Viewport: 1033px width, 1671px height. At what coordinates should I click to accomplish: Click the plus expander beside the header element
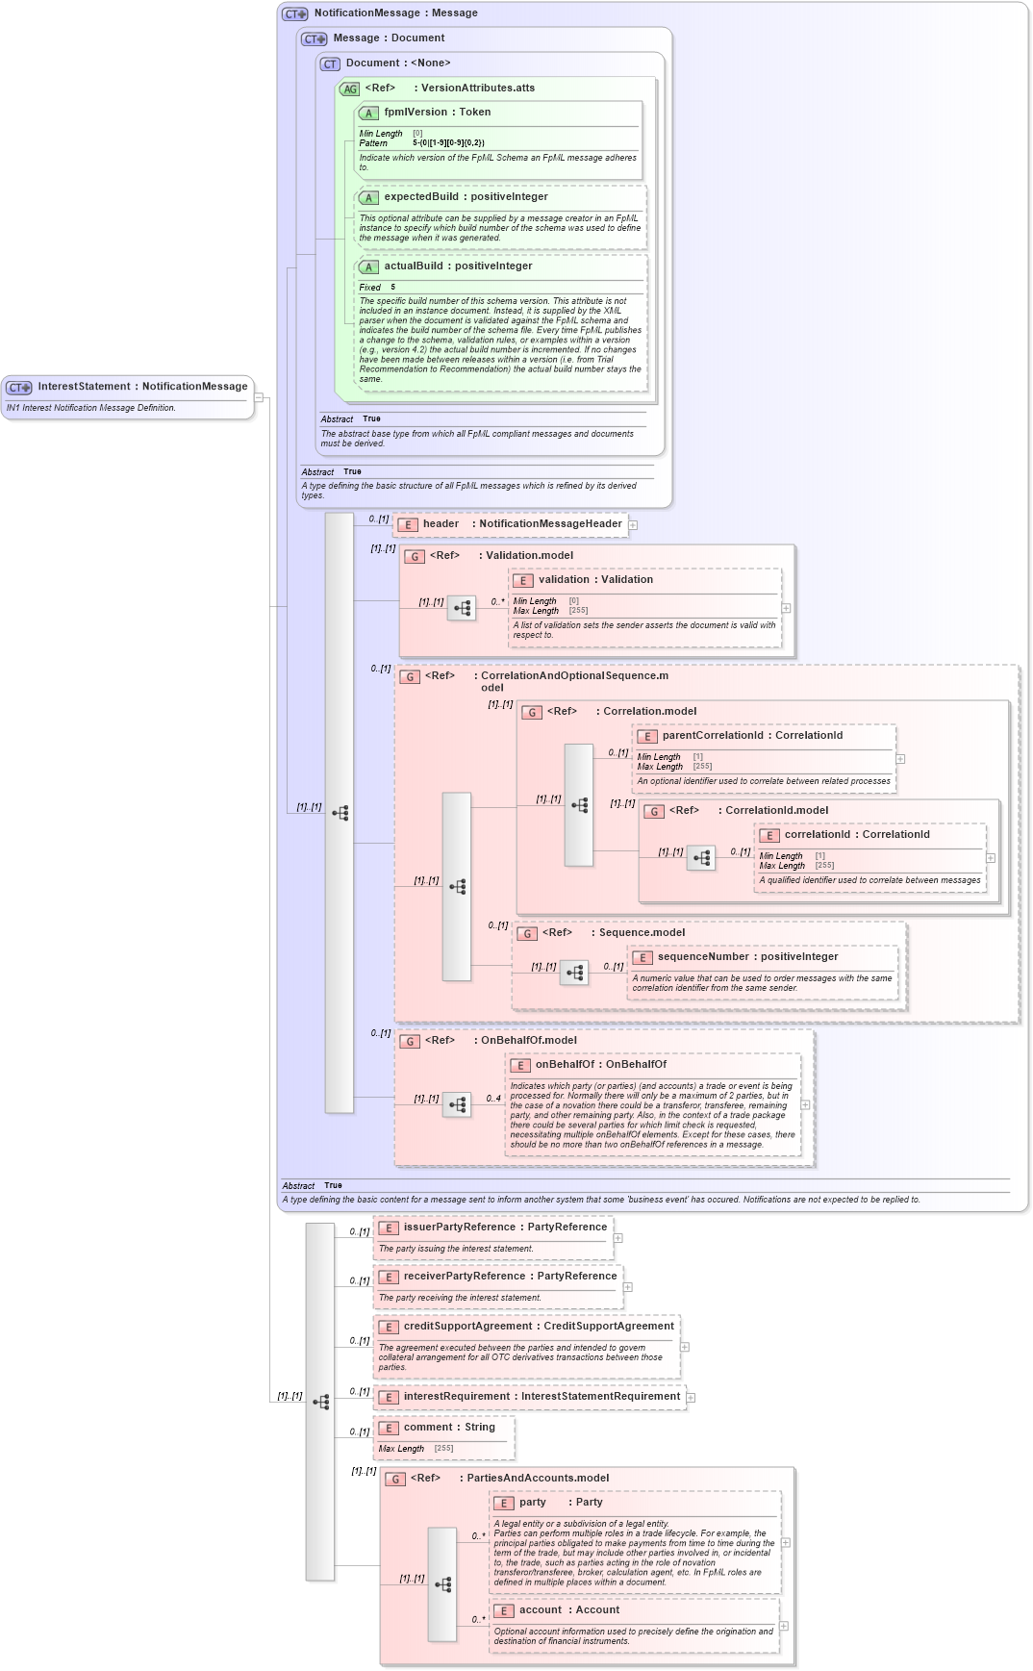pos(633,525)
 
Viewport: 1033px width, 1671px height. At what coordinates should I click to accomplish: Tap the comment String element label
pos(449,1428)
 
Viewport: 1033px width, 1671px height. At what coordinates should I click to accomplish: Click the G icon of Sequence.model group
pos(527,934)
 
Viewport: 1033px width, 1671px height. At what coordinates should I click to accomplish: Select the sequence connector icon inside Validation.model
pos(462,609)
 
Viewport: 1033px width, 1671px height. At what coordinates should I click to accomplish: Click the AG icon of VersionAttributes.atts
pos(350,89)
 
